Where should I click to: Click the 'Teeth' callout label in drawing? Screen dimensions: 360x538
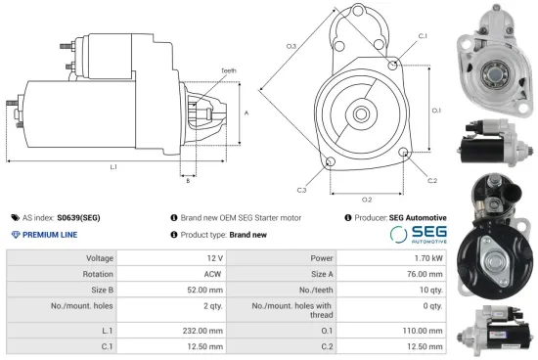(228, 71)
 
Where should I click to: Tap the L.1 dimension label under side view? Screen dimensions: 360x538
(114, 167)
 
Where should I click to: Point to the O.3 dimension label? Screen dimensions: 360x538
(291, 46)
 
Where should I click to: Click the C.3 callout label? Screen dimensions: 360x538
(301, 189)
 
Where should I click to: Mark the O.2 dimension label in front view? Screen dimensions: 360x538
(367, 198)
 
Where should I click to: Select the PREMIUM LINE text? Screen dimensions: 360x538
(51, 235)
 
